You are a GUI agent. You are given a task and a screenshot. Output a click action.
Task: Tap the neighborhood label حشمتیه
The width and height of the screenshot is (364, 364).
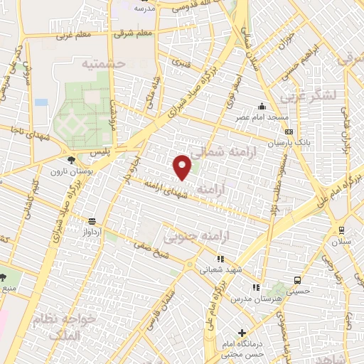tap(104, 65)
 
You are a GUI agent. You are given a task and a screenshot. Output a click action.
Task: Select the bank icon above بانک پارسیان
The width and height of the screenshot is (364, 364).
tap(288, 132)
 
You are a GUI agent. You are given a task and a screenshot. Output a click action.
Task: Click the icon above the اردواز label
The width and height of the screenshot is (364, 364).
tap(91, 221)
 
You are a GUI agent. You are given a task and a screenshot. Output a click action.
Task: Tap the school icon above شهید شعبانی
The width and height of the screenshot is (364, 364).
tap(220, 259)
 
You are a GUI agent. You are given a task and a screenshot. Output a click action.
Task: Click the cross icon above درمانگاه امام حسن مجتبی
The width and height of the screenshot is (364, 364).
tap(242, 333)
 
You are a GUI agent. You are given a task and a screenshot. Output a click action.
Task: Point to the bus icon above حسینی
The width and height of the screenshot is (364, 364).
tap(297, 280)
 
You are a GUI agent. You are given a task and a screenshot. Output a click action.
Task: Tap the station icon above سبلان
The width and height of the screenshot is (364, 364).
tap(341, 230)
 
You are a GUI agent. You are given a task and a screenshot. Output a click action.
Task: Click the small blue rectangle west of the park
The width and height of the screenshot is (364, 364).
tap(41, 102)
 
